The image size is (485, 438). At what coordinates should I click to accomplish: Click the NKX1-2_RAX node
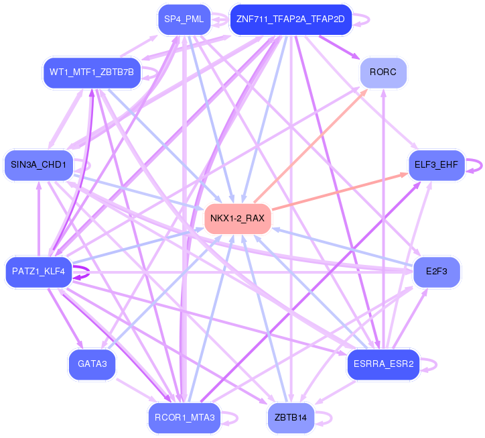click(238, 219)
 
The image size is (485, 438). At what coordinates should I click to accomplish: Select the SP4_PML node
click(184, 19)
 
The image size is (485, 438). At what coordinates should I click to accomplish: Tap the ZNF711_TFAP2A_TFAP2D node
click(290, 19)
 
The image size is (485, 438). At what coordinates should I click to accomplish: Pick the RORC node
click(383, 72)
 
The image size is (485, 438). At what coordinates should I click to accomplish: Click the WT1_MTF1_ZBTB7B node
click(91, 72)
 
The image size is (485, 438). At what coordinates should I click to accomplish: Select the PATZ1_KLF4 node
click(38, 272)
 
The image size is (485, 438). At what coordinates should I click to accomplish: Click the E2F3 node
click(435, 272)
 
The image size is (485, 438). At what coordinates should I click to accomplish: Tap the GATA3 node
click(91, 364)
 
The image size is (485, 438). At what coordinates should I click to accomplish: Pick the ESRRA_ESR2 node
click(383, 364)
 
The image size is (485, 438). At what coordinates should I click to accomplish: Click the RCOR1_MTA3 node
click(184, 417)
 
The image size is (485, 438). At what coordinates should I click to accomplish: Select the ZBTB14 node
click(290, 417)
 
